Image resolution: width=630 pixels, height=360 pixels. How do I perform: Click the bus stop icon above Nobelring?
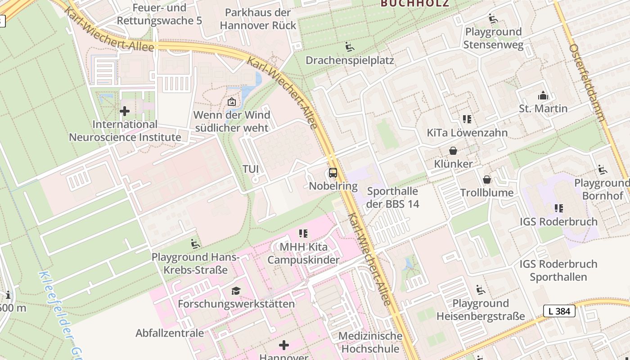tap(333, 172)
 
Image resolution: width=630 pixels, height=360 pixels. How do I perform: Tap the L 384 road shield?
tap(559, 311)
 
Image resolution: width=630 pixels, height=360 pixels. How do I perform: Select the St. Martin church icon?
tap(543, 95)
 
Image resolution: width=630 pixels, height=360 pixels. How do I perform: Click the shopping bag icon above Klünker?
tap(453, 151)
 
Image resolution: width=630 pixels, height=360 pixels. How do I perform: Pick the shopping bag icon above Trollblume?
tap(486, 180)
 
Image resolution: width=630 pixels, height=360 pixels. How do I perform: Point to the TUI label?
tap(251, 169)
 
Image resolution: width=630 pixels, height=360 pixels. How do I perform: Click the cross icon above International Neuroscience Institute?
tap(125, 111)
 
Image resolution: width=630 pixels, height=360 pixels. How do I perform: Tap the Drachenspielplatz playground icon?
tap(349, 47)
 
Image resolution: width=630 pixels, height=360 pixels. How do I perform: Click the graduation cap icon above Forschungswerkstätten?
tap(236, 291)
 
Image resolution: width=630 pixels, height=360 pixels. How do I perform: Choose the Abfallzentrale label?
tap(170, 333)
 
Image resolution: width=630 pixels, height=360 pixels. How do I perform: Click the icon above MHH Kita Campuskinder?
tap(303, 234)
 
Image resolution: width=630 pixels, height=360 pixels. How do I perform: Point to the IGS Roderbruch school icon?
tap(558, 208)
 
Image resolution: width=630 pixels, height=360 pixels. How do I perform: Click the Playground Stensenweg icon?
tap(493, 19)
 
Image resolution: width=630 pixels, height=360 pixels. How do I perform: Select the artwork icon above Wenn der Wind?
tap(232, 102)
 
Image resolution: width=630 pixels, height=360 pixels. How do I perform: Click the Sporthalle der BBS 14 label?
tap(392, 198)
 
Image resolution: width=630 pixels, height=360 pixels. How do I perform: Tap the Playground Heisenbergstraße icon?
tap(481, 290)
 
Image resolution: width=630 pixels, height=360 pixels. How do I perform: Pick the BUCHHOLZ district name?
tap(414, 4)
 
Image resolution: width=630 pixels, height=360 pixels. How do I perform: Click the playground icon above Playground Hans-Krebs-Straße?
tap(195, 244)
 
